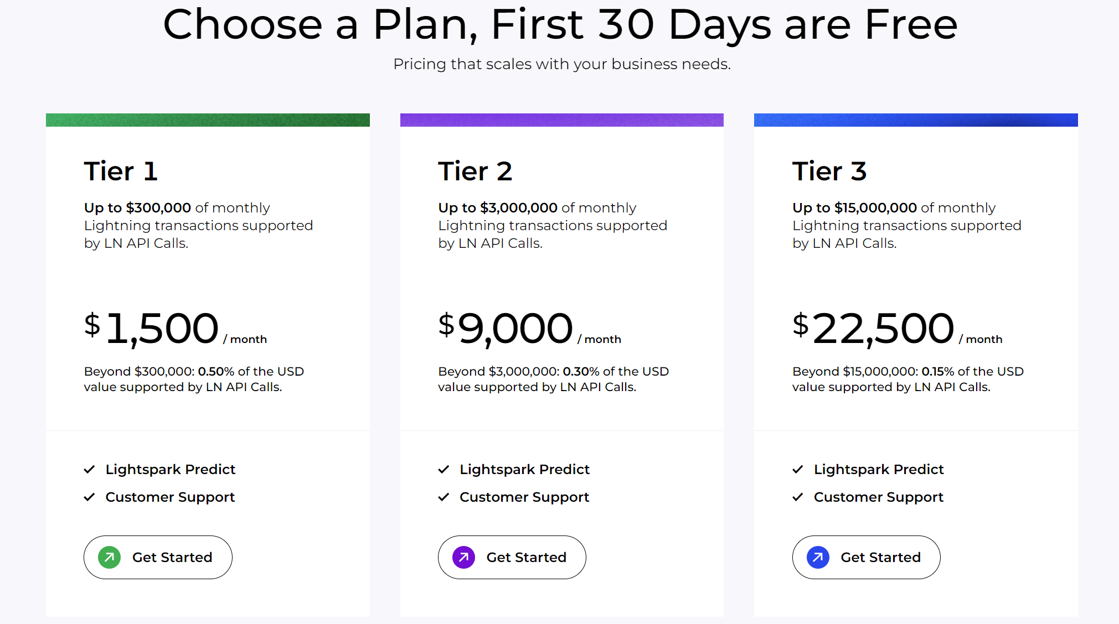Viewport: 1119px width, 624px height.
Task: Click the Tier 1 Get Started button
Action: point(158,557)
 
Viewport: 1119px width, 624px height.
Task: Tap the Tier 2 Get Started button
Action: point(512,557)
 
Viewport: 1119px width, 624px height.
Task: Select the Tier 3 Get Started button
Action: point(866,557)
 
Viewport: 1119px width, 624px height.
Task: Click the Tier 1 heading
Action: point(121,171)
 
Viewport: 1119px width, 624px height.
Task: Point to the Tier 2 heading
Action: point(475,171)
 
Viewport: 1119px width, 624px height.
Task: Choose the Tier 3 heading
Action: point(829,171)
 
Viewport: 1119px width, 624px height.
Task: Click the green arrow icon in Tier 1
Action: point(110,557)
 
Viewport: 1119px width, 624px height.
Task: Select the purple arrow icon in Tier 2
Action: point(463,557)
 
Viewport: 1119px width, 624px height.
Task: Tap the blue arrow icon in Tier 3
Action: point(818,557)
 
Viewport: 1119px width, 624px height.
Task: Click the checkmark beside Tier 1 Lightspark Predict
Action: point(89,470)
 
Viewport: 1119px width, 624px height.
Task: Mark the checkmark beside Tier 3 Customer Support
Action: point(798,497)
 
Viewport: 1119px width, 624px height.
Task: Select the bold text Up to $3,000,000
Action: point(498,208)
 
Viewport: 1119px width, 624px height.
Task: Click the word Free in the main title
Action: point(911,25)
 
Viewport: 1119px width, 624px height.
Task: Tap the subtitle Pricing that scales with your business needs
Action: point(561,64)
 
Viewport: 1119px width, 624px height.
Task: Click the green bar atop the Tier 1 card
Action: point(208,120)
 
